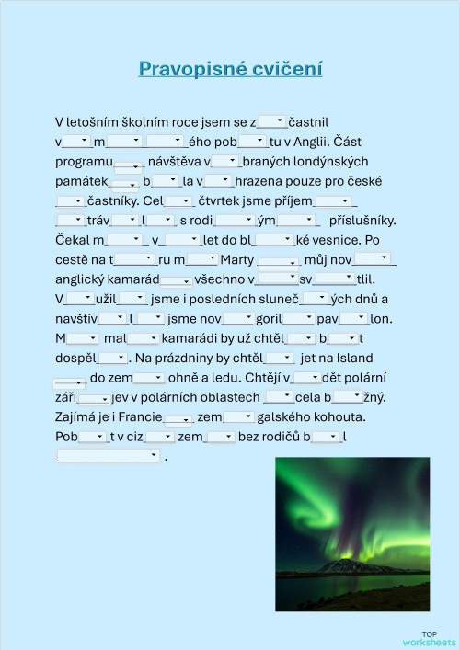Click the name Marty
237,260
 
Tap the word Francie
141,416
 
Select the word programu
84,161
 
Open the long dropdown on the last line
109,455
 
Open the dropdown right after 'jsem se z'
272,120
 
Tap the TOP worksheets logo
429,637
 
